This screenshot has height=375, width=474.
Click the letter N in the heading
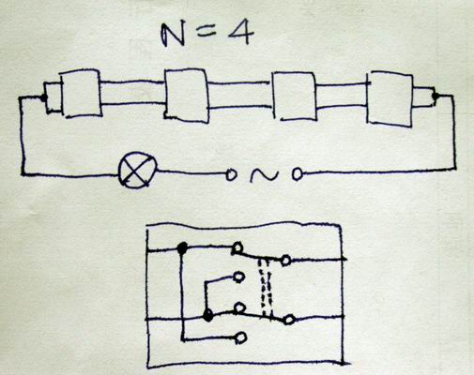pos(173,35)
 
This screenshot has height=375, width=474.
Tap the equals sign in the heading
pos(205,31)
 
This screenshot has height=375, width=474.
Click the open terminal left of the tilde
pos(231,174)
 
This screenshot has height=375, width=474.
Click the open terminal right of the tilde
pos(298,174)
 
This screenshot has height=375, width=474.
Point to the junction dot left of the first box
pos(43,97)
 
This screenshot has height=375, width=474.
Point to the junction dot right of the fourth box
pos(435,96)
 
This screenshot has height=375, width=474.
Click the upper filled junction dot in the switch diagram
pos(182,248)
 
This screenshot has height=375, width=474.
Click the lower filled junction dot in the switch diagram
pos(206,316)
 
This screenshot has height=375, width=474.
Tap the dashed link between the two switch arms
pos(266,287)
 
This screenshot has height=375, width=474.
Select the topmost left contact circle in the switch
pos(237,247)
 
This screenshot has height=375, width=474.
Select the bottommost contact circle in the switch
pos(241,337)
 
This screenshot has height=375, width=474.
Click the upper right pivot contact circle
pos(285,260)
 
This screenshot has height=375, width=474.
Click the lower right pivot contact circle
pos(289,320)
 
